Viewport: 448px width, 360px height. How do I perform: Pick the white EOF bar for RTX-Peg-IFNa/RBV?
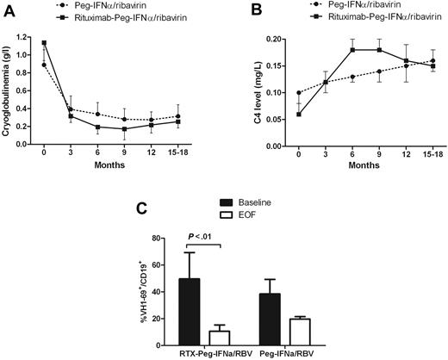click(x=220, y=337)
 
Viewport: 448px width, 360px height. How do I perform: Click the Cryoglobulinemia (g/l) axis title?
click(x=10, y=94)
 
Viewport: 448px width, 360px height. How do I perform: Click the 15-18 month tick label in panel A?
click(x=200, y=160)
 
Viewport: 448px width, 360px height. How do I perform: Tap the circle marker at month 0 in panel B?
click(x=276, y=93)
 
